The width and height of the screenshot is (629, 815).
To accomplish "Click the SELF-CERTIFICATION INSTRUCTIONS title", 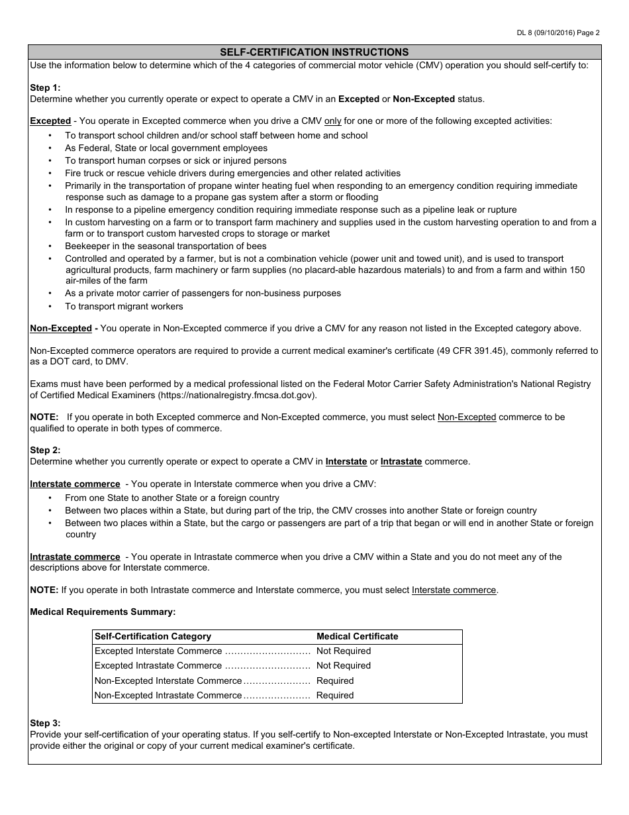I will [314, 52].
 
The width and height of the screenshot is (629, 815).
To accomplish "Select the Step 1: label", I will [45, 87].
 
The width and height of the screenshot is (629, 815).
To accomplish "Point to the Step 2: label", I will [45, 450].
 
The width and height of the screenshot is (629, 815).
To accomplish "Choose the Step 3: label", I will [45, 723].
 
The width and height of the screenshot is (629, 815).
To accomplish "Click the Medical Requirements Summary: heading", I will [103, 612].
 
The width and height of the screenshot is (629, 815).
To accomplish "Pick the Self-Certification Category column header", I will [153, 636].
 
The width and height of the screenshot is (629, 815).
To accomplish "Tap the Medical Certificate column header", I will [358, 636].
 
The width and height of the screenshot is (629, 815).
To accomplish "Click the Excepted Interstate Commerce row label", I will [158, 651].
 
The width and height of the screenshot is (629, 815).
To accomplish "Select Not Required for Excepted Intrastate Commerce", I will [344, 665].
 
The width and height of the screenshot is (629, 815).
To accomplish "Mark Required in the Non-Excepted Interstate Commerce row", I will [335, 680].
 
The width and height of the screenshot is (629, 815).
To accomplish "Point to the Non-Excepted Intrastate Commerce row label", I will [168, 695].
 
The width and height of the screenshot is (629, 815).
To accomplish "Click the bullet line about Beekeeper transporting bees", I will [166, 246].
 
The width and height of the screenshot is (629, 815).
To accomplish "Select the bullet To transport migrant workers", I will [124, 306].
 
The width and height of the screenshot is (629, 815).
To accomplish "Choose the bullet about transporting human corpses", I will [175, 160].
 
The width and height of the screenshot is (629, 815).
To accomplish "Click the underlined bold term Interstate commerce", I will [75, 484].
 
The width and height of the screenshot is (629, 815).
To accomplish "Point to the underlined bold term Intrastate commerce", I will [75, 557].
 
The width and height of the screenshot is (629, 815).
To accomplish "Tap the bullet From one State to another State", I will [172, 498].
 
